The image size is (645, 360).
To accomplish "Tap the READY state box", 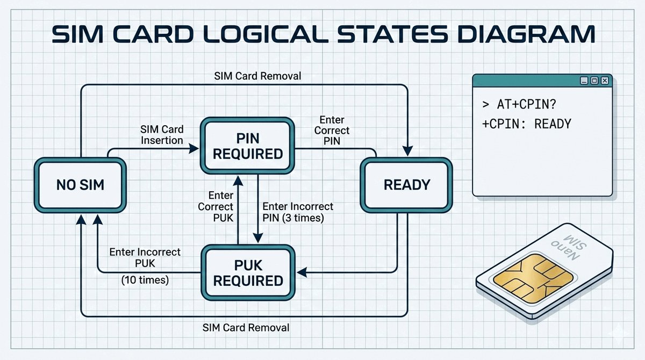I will coord(406,185).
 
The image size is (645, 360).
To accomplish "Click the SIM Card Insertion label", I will coord(162,134).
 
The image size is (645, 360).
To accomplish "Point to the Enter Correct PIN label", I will coord(332,131).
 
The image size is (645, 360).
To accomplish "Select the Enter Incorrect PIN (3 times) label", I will coord(297,212).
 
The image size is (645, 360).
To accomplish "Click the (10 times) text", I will coord(145,280).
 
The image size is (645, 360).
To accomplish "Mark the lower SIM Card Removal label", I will coord(246,328).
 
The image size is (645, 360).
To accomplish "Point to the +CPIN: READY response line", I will coord(527,124).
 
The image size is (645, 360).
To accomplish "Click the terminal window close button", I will coord(605,81).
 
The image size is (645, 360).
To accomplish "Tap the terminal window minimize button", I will coord(584,81).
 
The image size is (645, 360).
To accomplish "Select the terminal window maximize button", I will coord(594,81).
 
